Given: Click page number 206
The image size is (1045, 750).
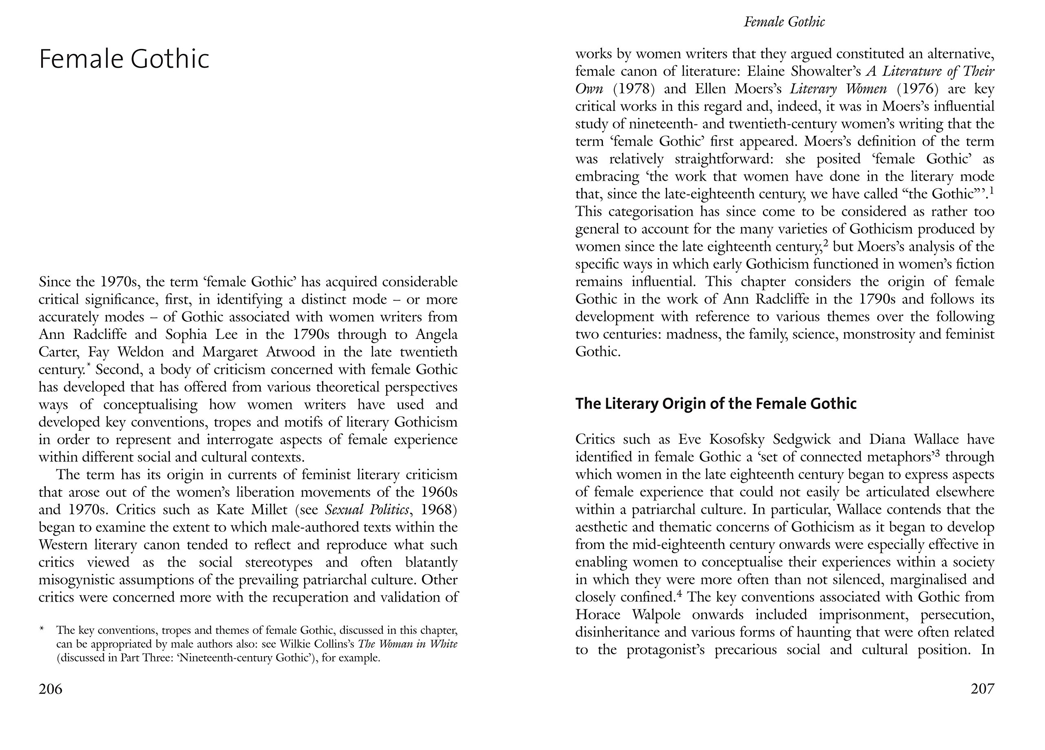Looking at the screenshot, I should coord(51,689).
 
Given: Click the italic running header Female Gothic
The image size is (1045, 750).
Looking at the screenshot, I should coord(784,22).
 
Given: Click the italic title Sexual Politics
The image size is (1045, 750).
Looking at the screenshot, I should coord(367,510).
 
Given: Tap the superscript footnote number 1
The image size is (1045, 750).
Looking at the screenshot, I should coord(992,190).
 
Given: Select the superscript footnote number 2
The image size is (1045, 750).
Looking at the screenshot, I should coord(826,243).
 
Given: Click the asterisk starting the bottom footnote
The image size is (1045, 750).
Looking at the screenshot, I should coord(42,629).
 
